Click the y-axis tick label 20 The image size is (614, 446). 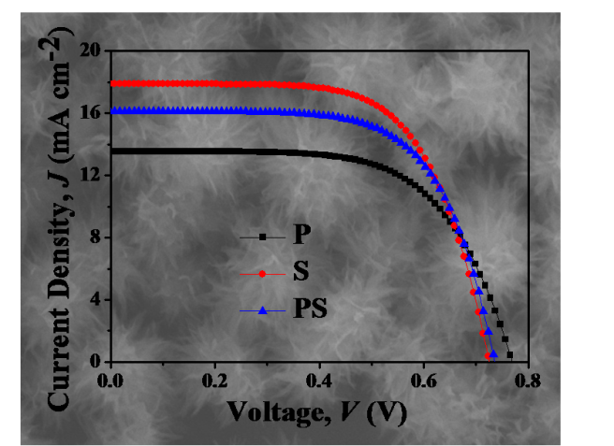[x=89, y=50]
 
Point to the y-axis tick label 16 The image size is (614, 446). [x=89, y=113]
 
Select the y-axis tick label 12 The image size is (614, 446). [x=89, y=175]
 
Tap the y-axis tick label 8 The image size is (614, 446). [x=94, y=237]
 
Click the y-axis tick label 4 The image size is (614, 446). [x=94, y=299]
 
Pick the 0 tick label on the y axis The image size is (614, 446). [x=94, y=362]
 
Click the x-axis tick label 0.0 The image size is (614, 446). [x=110, y=381]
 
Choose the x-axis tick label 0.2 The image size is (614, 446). [x=214, y=381]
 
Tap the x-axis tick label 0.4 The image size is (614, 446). [x=319, y=381]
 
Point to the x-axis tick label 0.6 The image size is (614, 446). [x=424, y=381]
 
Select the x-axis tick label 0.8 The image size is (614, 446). [x=528, y=381]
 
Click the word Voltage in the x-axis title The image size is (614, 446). [x=269, y=410]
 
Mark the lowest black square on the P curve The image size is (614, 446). [x=510, y=354]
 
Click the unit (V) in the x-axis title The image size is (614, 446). [x=387, y=410]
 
